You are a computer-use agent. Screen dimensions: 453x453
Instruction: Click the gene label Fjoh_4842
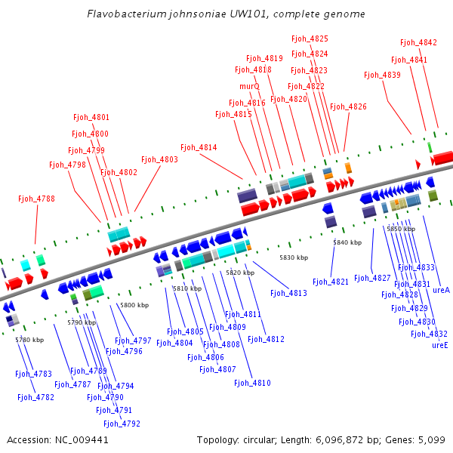418,43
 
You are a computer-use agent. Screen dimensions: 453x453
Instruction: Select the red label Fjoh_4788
36,199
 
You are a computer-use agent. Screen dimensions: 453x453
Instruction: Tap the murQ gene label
249,86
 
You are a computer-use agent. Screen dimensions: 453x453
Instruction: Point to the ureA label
441,290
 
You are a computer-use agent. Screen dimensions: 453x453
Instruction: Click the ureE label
439,345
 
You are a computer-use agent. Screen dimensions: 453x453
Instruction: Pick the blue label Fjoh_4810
252,384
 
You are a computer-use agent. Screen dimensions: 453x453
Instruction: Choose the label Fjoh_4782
35,397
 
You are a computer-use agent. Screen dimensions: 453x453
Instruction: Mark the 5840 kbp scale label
347,242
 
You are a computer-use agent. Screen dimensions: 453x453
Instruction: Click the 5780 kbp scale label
29,340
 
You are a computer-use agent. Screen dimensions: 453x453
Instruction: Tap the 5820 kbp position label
239,273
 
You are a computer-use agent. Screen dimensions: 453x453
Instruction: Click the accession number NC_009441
82,439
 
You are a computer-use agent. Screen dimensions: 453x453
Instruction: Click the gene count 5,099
430,439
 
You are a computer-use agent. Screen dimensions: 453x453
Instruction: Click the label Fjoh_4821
331,282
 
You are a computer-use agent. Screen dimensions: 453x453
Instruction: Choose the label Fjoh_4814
199,147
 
